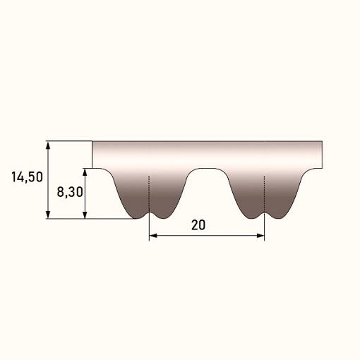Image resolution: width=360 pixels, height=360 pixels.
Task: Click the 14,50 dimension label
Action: click(x=27, y=177)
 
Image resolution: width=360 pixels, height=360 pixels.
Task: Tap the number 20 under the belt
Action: click(x=198, y=225)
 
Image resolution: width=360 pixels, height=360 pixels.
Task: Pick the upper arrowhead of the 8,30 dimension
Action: click(x=85, y=172)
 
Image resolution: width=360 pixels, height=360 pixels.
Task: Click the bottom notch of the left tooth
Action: click(x=149, y=212)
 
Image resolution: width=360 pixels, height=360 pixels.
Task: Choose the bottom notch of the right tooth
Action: click(x=264, y=212)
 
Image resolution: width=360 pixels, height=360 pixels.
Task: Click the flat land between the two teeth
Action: click(x=206, y=169)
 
